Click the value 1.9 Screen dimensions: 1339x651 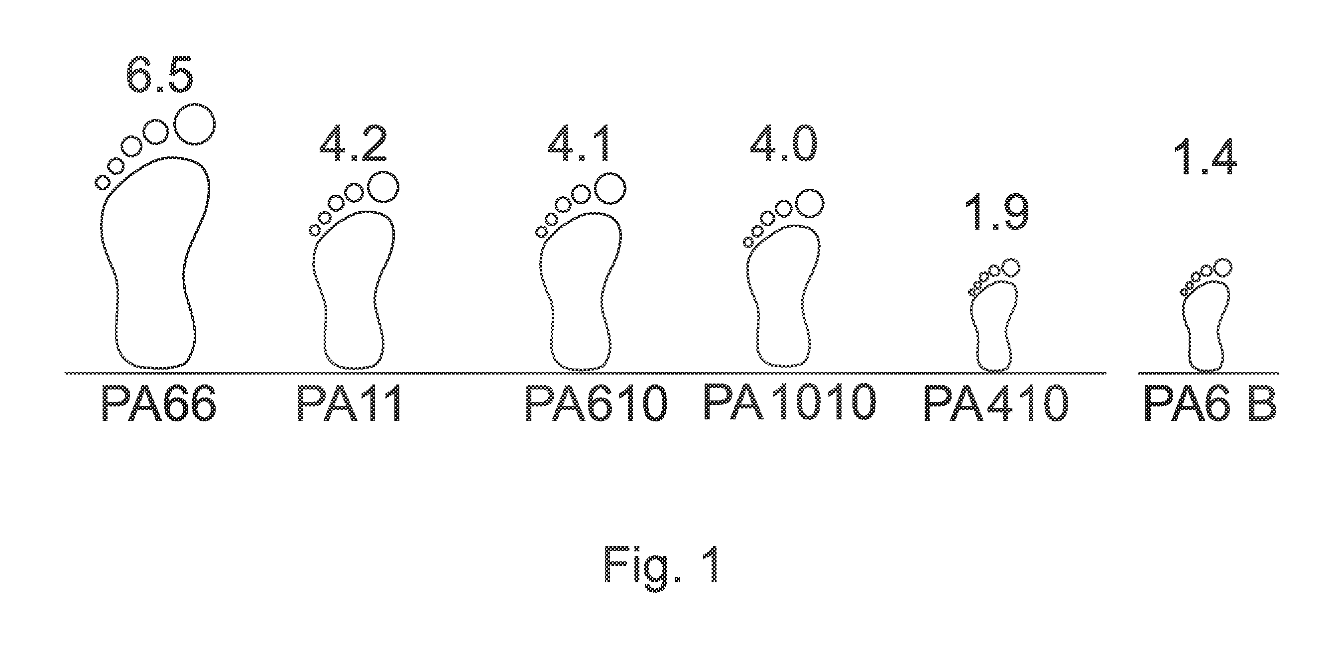click(x=997, y=213)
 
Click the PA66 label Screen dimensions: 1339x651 click(x=158, y=403)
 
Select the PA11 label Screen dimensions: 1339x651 click(x=349, y=403)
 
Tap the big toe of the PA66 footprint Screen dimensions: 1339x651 click(x=194, y=124)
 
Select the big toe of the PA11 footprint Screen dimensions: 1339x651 click(x=383, y=187)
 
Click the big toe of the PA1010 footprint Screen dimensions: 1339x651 click(x=809, y=204)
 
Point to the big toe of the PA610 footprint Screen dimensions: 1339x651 click(x=610, y=188)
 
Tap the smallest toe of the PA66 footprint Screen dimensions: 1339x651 click(x=103, y=182)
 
